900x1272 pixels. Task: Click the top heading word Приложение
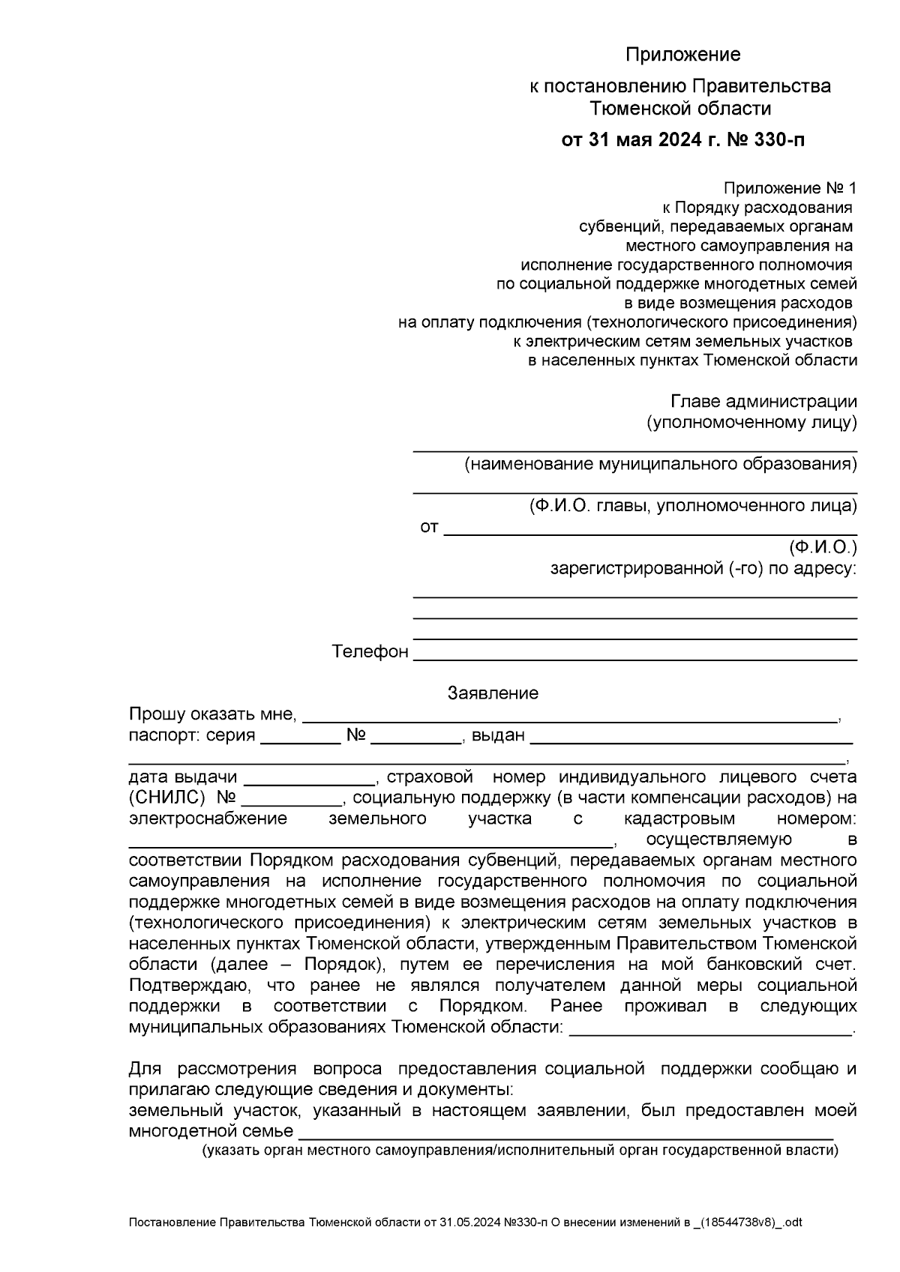click(x=682, y=55)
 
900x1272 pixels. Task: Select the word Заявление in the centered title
click(x=493, y=693)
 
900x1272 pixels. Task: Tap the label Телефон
click(x=370, y=652)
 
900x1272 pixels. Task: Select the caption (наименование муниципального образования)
click(x=660, y=465)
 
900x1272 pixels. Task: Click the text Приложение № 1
click(x=789, y=187)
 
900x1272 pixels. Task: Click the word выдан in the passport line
click(x=498, y=735)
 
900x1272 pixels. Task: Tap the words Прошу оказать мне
click(x=213, y=714)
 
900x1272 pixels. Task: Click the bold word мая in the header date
click(x=638, y=140)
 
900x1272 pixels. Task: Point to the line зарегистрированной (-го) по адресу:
click(x=703, y=569)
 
